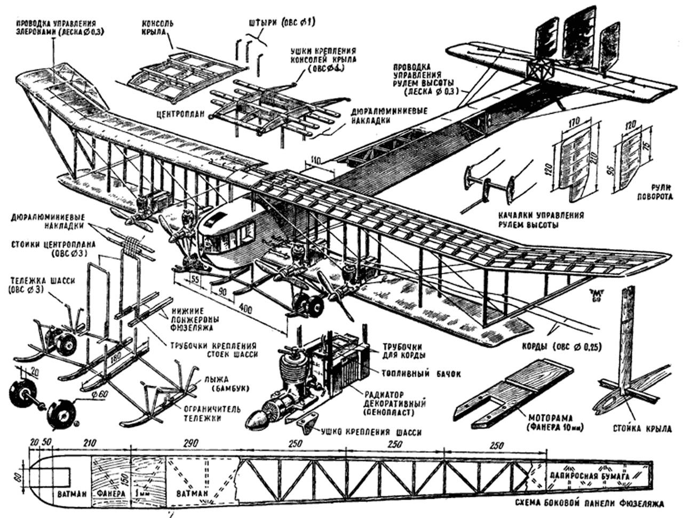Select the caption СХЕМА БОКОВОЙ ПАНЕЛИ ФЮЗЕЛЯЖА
pyautogui.click(x=589, y=504)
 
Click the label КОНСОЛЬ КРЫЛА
pyautogui.click(x=156, y=30)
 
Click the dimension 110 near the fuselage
pyautogui.click(x=317, y=160)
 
